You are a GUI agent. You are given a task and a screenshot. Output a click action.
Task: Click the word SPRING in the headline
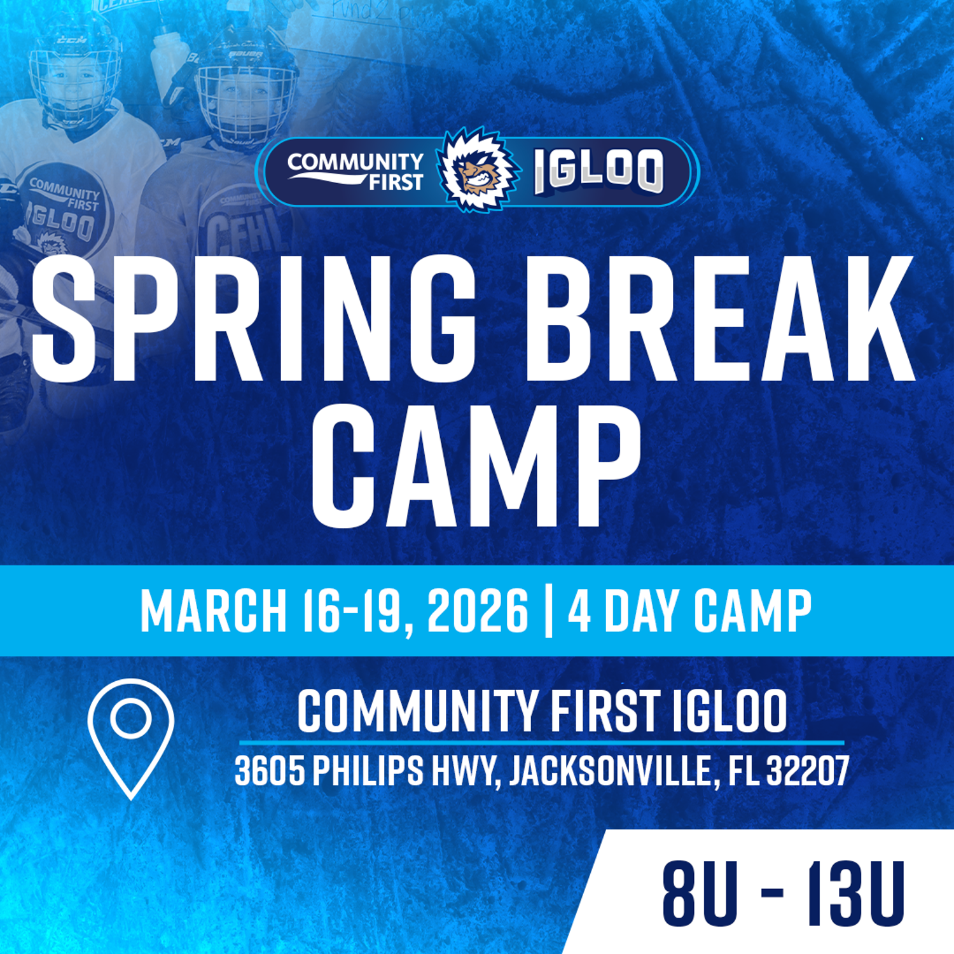point(254,318)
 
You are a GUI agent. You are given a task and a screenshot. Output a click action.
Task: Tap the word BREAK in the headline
point(719,318)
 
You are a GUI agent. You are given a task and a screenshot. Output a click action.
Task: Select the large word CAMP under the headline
point(476,467)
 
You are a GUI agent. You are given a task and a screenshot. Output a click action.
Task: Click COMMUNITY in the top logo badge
point(355,162)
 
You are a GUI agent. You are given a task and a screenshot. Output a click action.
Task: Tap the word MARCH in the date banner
point(213,611)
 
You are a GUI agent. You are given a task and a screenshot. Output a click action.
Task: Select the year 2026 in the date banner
point(477,611)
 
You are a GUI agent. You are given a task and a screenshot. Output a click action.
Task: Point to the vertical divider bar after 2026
point(548,611)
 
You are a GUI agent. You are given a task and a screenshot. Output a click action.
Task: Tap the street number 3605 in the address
point(269,771)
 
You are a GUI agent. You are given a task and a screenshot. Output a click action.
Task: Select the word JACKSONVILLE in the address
point(611,771)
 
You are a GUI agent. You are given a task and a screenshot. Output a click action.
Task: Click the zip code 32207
point(808,771)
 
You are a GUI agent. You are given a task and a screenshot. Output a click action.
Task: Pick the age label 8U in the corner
point(700,894)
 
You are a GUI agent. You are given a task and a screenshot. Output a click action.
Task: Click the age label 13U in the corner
point(855,894)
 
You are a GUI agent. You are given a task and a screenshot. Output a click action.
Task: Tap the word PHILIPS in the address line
point(368,771)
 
